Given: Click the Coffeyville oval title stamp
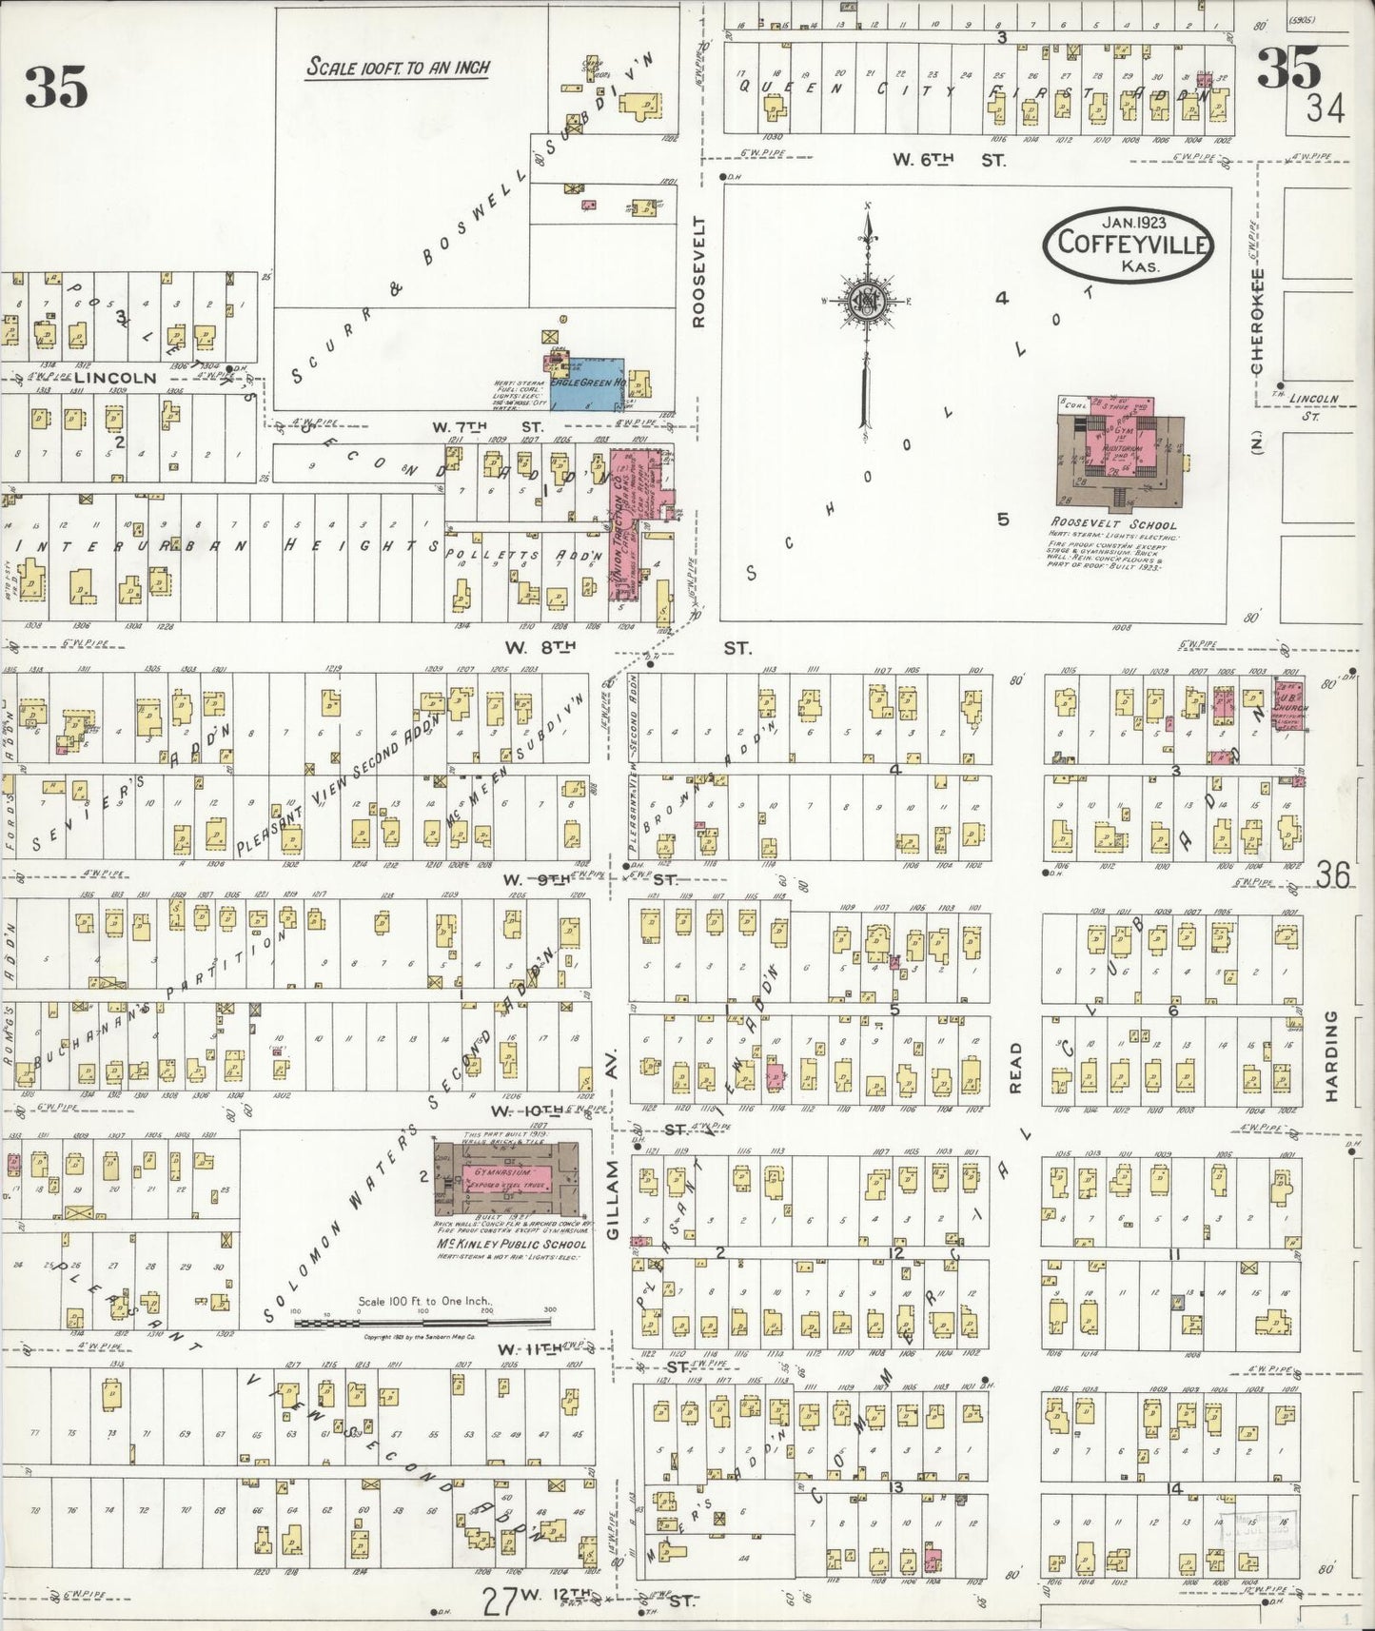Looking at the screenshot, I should (x=1129, y=245).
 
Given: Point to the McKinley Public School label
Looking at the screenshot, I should (x=511, y=1244).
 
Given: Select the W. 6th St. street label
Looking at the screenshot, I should (x=948, y=161).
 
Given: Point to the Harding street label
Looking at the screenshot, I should (x=1331, y=1056).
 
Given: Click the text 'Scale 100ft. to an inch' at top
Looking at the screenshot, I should (x=398, y=68).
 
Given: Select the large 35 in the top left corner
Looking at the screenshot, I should (x=56, y=88).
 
